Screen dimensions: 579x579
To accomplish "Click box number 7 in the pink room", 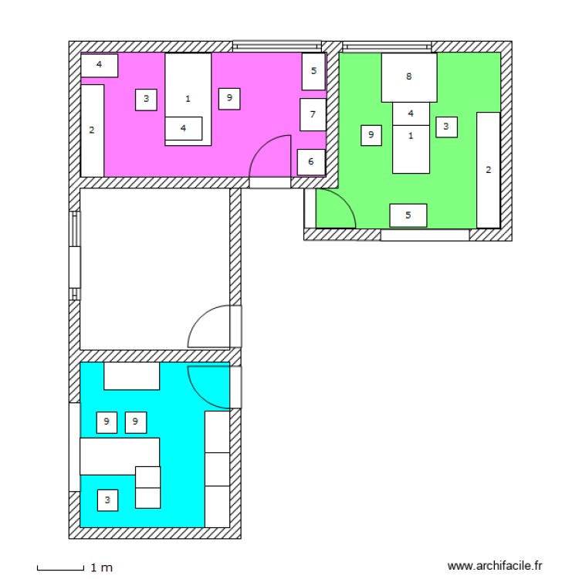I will [312, 114].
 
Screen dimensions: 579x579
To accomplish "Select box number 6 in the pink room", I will [310, 162].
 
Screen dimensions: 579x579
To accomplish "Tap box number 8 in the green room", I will [408, 77].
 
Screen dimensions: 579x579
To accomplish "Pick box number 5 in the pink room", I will [313, 71].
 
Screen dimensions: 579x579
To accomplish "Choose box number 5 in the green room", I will [408, 215].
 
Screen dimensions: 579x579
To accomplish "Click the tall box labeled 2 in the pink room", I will [92, 130].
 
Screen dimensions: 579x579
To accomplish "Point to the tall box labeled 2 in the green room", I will [488, 170].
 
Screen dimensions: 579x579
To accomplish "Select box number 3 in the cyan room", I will [108, 500].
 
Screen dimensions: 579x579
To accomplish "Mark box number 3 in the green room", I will [446, 127].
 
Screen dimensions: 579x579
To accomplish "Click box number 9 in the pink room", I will [229, 98].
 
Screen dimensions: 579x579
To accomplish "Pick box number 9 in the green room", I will [371, 135].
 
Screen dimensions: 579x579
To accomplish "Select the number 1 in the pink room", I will [188, 99].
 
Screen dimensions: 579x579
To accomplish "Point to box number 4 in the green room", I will [411, 113].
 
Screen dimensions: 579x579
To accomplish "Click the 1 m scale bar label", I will [101, 568].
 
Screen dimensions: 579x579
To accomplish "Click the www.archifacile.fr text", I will [495, 566].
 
